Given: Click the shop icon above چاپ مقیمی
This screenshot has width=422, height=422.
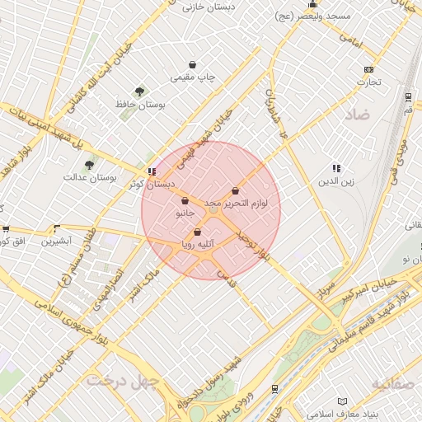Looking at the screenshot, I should [x=192, y=64].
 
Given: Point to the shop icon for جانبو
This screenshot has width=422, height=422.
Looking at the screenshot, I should [x=185, y=200].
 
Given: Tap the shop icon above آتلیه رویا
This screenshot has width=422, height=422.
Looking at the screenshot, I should [x=197, y=232].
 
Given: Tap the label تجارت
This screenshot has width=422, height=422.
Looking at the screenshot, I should [x=368, y=82].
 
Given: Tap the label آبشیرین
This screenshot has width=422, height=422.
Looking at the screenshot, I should [x=57, y=241].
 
